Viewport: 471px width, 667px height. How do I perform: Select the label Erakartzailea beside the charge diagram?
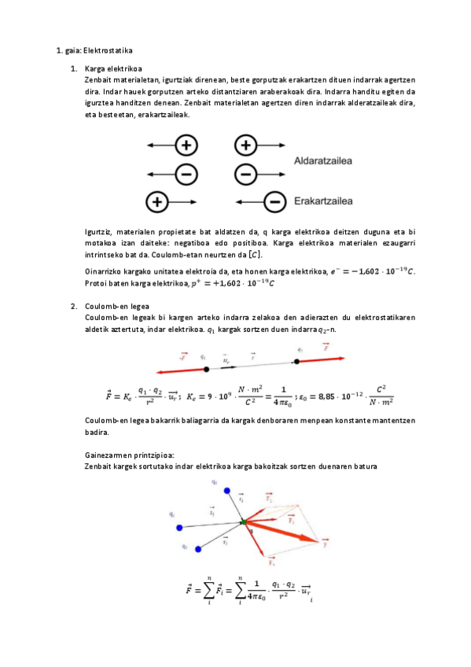point(322,201)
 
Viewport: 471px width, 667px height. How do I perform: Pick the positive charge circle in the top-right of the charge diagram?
point(246,145)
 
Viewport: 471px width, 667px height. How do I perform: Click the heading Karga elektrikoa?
point(112,69)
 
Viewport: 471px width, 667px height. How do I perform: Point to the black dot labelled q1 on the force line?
point(206,368)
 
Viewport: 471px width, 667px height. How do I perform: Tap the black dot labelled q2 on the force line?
point(296,362)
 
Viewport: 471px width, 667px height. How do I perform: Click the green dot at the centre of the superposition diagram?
point(244,521)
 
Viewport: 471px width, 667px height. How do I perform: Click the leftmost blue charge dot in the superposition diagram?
point(179,526)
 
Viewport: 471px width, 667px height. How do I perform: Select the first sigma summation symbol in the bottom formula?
point(210,590)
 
